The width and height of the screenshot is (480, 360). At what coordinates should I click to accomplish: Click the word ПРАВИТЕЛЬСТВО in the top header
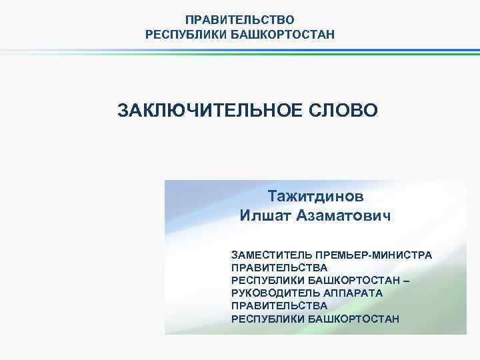click(239, 21)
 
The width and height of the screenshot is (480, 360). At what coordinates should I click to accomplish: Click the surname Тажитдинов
click(316, 197)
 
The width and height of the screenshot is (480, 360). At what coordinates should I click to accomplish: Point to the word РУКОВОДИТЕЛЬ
click(272, 293)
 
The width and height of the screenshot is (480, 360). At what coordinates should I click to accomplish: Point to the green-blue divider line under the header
click(240, 53)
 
